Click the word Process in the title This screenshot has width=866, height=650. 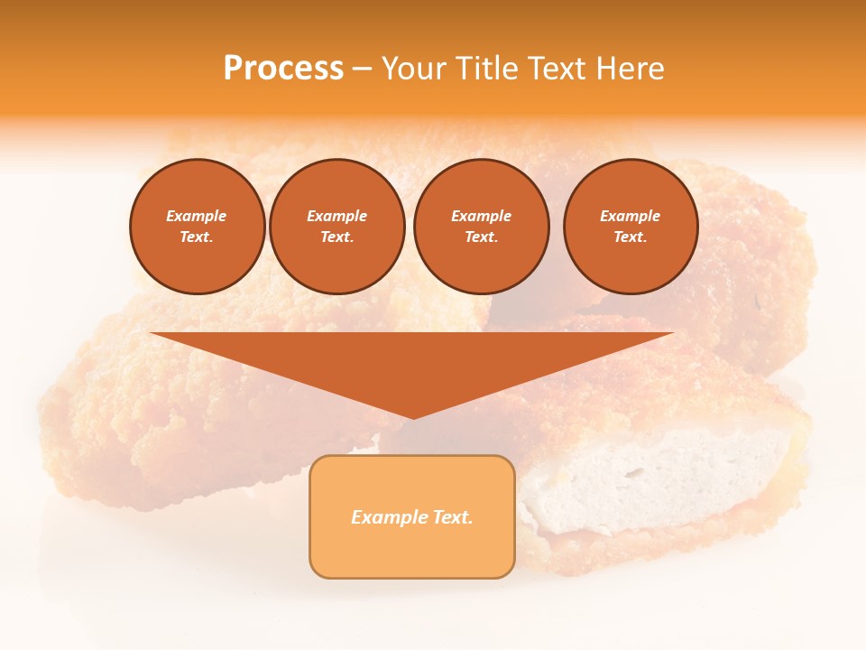click(283, 69)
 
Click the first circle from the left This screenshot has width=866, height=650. click(197, 227)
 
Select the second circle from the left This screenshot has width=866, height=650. click(336, 227)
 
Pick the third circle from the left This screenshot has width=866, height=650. click(481, 227)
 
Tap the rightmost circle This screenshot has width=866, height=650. click(630, 227)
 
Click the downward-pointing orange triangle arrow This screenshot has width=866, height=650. click(412, 361)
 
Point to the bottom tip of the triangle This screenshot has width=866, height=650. click(412, 417)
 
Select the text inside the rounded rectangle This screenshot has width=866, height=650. click(412, 517)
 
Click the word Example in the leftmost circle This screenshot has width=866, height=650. click(197, 216)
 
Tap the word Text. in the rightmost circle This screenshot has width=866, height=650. click(630, 237)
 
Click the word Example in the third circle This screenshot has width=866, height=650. click(481, 216)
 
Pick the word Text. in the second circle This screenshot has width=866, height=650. click(336, 237)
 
